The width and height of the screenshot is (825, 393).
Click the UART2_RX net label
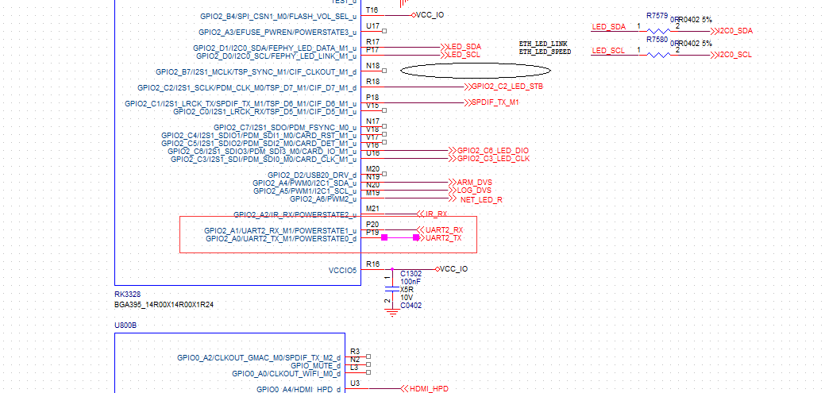click(444, 230)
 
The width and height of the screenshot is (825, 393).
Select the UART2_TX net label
click(443, 238)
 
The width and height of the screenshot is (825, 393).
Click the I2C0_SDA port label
click(734, 30)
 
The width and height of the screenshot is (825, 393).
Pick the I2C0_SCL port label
click(734, 54)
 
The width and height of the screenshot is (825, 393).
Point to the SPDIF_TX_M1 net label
click(495, 102)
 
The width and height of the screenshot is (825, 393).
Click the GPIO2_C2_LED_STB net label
click(507, 86)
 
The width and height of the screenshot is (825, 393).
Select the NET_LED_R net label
click(481, 199)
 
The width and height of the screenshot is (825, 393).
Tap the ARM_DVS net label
click(474, 183)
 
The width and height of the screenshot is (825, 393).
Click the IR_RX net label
click(436, 214)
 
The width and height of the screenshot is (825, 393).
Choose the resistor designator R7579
click(657, 16)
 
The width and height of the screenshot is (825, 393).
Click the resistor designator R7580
click(657, 39)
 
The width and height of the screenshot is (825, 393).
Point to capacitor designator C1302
click(411, 274)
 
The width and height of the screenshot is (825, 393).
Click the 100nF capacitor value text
click(411, 282)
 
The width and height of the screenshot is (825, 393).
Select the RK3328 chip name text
click(127, 295)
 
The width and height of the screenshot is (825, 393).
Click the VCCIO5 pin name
click(343, 270)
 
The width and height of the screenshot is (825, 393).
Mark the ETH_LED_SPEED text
click(545, 52)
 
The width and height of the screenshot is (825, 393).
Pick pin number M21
click(373, 209)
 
